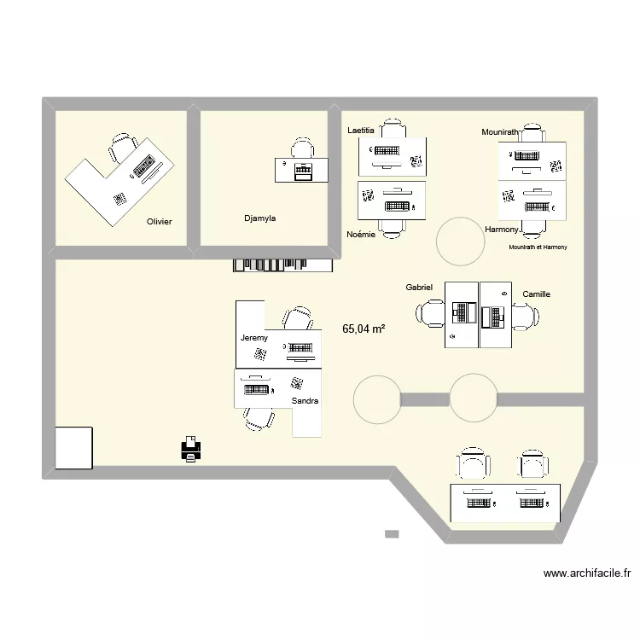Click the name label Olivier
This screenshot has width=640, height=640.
point(159,222)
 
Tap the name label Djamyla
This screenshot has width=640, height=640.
point(259,218)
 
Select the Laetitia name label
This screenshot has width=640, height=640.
point(361,131)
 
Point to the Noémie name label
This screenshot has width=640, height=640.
point(361,234)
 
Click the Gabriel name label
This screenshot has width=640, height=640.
point(420,288)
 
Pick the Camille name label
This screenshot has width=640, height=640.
point(537,294)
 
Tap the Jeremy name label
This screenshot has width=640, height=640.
point(254,338)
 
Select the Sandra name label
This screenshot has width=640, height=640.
point(305,400)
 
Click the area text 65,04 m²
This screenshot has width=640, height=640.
point(364,328)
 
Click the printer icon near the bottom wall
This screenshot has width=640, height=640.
point(191,450)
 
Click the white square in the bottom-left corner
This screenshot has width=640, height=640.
point(73,448)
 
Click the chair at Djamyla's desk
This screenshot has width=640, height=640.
point(303,148)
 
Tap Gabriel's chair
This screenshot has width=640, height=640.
point(430,315)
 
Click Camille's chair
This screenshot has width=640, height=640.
point(523,317)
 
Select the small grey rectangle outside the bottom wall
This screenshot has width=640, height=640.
point(392,534)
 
